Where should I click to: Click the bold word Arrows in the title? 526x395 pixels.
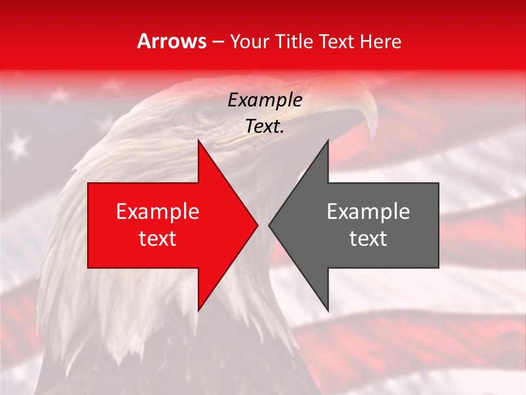[172, 41]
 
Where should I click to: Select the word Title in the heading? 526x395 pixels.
[294, 41]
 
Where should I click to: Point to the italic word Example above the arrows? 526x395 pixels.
[265, 100]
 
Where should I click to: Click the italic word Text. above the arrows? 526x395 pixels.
[265, 126]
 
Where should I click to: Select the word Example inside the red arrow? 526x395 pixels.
[158, 212]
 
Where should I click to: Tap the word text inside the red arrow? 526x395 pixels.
[158, 239]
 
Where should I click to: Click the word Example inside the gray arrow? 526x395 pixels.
[368, 212]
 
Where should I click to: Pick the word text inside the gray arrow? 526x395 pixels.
[368, 239]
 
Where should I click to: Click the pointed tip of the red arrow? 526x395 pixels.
[257, 225]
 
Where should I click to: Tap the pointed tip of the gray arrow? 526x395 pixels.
[269, 225]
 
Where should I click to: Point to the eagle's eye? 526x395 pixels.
[207, 114]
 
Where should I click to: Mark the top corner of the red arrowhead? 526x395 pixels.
[198, 140]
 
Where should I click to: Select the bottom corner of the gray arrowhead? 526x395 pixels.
[328, 311]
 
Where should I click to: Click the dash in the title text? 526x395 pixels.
[218, 42]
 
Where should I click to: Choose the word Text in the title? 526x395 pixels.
[336, 41]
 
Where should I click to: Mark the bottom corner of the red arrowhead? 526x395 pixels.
[198, 311]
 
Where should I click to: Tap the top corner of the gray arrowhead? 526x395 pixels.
[328, 140]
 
